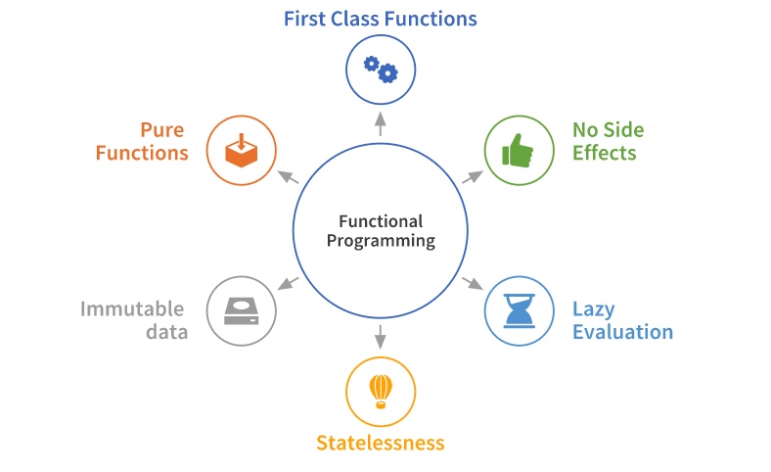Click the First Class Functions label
tap(381, 19)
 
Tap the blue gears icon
tap(381, 69)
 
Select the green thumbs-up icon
tap(519, 150)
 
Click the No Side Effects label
tap(608, 142)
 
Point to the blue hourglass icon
tap(519, 310)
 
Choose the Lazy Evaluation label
tap(622, 320)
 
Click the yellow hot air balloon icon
tap(381, 391)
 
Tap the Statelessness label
tap(381, 443)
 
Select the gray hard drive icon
tap(242, 310)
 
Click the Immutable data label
tap(134, 320)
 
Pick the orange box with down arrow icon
tap(242, 150)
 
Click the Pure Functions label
tap(149, 142)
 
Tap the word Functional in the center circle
tap(381, 221)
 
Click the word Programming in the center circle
tap(381, 241)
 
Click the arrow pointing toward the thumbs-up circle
tap(472, 176)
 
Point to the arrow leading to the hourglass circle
tap(472, 283)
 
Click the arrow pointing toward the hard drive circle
tap(289, 283)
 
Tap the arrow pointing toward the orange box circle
tap(289, 176)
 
